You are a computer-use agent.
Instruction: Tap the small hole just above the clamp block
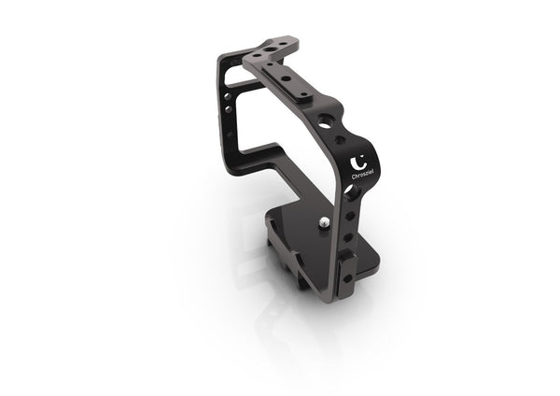click(348, 239)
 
